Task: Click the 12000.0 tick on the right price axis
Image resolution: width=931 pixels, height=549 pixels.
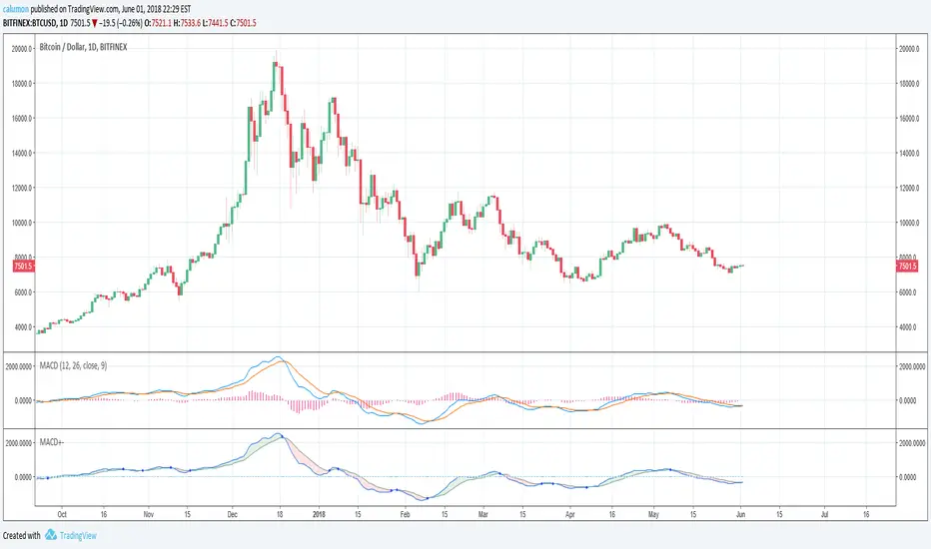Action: tap(910, 188)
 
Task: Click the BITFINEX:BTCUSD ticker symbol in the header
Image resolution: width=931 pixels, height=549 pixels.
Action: tap(40, 22)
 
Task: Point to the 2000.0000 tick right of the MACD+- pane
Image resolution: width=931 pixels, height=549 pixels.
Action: tap(910, 442)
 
